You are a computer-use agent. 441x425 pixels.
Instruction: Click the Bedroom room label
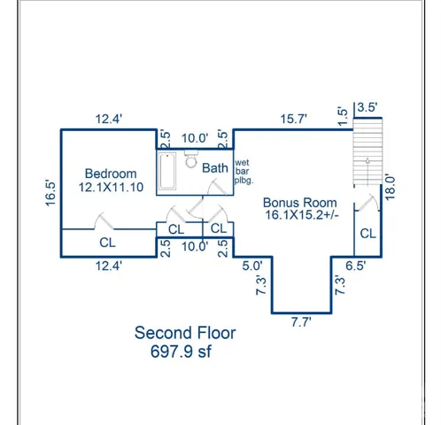click(111, 174)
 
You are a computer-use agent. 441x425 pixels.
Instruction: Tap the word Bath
click(215, 168)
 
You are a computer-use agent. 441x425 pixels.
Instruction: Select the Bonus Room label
click(300, 203)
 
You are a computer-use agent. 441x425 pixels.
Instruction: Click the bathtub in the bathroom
click(167, 171)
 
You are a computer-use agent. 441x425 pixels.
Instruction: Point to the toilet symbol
click(191, 159)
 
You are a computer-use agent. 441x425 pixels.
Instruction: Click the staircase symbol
click(367, 151)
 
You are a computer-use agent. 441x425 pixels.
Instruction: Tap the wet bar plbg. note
click(244, 172)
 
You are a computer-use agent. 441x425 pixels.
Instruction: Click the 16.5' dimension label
click(50, 193)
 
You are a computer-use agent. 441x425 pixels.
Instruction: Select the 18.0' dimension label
click(390, 188)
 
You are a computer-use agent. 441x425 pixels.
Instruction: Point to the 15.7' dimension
click(293, 119)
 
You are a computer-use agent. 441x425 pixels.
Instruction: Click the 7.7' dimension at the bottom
click(301, 322)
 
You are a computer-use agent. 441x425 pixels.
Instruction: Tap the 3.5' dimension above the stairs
click(367, 107)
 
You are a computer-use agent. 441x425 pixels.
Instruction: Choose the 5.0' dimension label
click(252, 266)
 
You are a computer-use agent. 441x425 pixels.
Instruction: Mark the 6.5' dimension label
click(356, 266)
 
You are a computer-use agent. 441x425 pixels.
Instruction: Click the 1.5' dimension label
click(343, 116)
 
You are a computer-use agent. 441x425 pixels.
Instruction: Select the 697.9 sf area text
click(181, 352)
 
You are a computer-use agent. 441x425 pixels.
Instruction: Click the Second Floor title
click(185, 333)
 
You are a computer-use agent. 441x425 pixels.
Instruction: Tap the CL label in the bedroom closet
click(107, 243)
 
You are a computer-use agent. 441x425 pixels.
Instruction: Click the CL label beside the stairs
click(367, 234)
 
